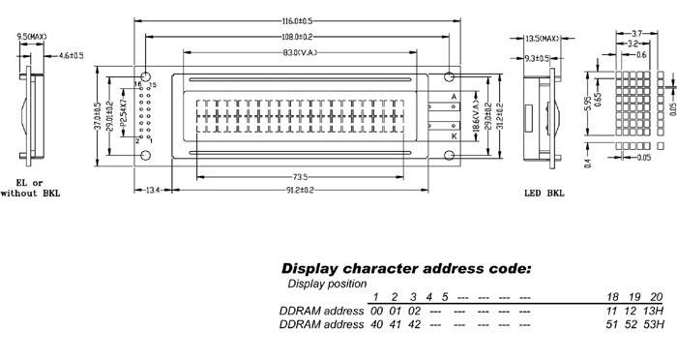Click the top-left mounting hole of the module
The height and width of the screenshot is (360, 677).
[146, 75]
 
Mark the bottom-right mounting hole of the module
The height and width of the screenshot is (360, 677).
[451, 155]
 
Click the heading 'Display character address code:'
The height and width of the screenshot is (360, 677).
[405, 268]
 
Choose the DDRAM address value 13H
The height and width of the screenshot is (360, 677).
[653, 311]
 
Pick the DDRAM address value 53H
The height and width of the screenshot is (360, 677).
[653, 326]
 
